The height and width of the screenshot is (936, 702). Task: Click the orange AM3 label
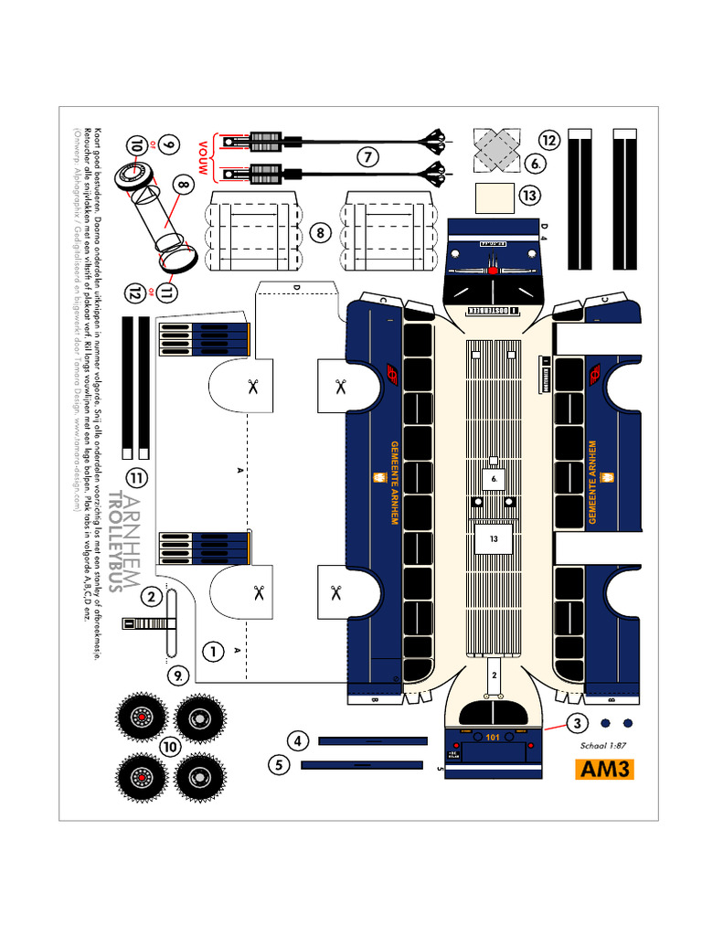[x=605, y=769]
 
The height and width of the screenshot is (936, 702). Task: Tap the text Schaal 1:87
[x=604, y=745]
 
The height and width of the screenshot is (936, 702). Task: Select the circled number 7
[x=367, y=156]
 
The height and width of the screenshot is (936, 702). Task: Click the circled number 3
[x=577, y=724]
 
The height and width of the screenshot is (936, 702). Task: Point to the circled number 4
[x=297, y=740]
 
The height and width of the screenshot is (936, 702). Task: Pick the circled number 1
[x=213, y=652]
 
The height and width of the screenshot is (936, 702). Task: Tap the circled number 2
[x=151, y=598]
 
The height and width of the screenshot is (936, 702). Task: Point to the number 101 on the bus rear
[x=494, y=738]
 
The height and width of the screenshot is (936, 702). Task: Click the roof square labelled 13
[x=494, y=539]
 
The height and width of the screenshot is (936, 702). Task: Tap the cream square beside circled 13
[x=496, y=198]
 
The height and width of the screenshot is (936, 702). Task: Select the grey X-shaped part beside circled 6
[x=497, y=148]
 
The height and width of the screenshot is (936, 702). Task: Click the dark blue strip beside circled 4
[x=372, y=740]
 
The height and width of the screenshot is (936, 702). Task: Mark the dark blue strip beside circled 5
[x=362, y=765]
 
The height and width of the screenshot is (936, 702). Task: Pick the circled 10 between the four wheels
[x=170, y=747]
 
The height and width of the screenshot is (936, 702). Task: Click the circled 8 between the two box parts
[x=320, y=233]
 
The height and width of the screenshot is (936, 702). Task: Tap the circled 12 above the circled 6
[x=548, y=140]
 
